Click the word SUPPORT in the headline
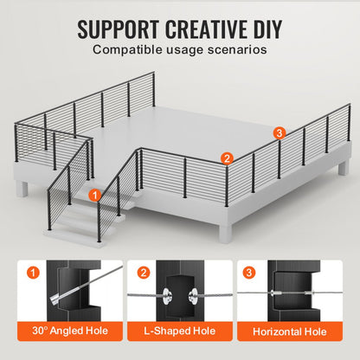coord(118,29)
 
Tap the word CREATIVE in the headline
coord(206,29)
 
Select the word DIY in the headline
coord(268,29)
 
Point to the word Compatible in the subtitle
coord(128,49)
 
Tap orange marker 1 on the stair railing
coord(95,196)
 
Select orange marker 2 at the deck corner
coord(227,158)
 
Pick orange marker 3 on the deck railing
coord(279,133)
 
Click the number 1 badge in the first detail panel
coord(34,273)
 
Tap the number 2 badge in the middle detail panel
coord(144,273)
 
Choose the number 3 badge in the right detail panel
coord(249,273)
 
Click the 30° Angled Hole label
coord(70,331)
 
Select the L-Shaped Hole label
coord(180,331)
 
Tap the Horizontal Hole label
coord(290,331)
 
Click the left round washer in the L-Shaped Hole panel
coord(167,295)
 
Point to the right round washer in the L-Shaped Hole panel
coord(193,295)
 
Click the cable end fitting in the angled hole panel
coord(55,299)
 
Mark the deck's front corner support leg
coord(225,233)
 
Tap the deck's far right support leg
coord(344,168)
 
